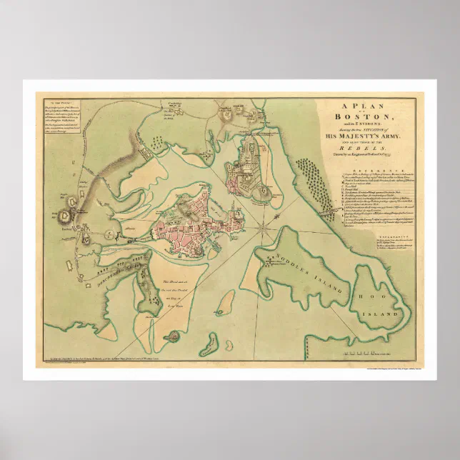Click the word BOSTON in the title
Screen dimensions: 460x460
coord(366,115)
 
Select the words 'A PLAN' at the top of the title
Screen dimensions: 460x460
coord(366,104)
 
